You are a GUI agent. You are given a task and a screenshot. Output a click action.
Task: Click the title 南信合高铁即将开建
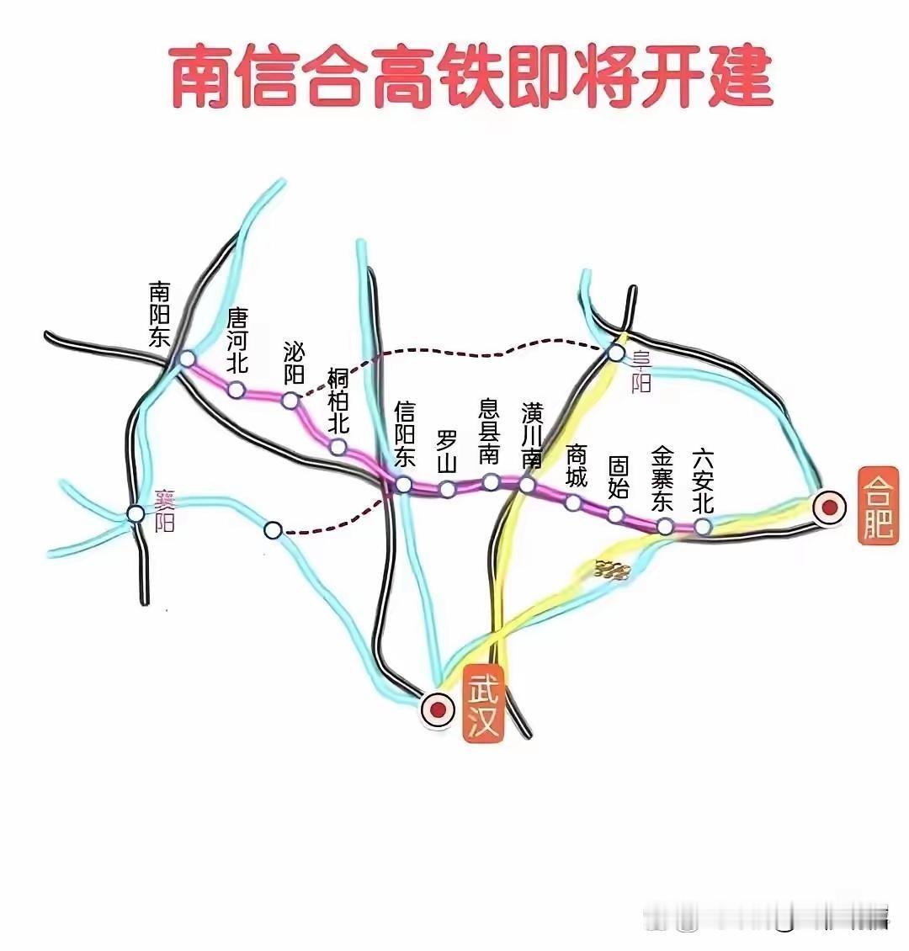(471, 77)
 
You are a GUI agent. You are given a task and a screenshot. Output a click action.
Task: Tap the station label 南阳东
(159, 315)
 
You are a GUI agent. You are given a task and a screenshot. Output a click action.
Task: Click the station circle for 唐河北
(237, 390)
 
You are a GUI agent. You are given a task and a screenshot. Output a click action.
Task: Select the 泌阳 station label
(294, 363)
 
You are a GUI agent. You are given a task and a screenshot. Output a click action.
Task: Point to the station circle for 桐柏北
(338, 447)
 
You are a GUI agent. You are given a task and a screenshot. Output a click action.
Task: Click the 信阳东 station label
(405, 434)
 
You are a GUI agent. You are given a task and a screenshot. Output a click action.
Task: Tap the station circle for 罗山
(448, 489)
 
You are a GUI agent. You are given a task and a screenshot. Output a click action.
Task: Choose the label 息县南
(489, 431)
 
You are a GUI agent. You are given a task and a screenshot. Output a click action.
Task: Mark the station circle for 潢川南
(527, 485)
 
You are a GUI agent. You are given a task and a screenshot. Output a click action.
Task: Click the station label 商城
(577, 465)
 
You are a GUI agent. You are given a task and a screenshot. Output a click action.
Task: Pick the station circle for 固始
(616, 514)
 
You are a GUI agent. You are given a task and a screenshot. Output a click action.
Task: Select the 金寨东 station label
(663, 480)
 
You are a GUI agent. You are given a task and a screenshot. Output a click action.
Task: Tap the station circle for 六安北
(703, 527)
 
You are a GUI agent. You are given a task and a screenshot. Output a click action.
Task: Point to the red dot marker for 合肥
(830, 507)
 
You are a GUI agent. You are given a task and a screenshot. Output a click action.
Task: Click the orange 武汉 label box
(483, 708)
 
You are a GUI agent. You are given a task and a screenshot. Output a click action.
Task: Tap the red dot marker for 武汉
(437, 709)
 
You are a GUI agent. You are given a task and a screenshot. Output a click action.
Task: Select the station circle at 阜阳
(617, 353)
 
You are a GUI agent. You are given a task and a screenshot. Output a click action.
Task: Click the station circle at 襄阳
(136, 513)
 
